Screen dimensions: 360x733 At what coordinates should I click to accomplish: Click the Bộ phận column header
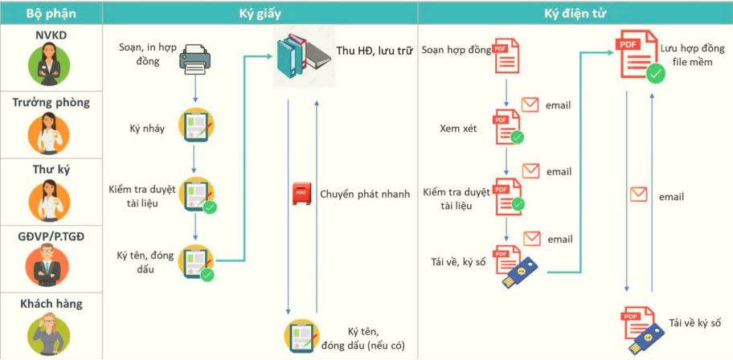click(x=51, y=14)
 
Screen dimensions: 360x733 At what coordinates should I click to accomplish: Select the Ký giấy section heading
click(x=260, y=14)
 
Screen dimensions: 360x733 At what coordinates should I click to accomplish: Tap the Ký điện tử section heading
click(x=575, y=14)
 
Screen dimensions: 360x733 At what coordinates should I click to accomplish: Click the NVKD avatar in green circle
click(x=51, y=63)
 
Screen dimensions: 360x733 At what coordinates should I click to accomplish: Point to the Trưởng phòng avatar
click(x=51, y=133)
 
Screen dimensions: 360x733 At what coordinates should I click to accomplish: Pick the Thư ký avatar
click(x=51, y=200)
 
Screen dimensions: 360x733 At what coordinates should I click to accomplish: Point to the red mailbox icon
click(x=301, y=194)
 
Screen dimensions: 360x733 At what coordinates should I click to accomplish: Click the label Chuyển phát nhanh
click(x=365, y=194)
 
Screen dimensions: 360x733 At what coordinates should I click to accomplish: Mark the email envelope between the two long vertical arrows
click(x=639, y=194)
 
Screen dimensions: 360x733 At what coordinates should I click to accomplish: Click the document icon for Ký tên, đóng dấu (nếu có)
click(x=301, y=336)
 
